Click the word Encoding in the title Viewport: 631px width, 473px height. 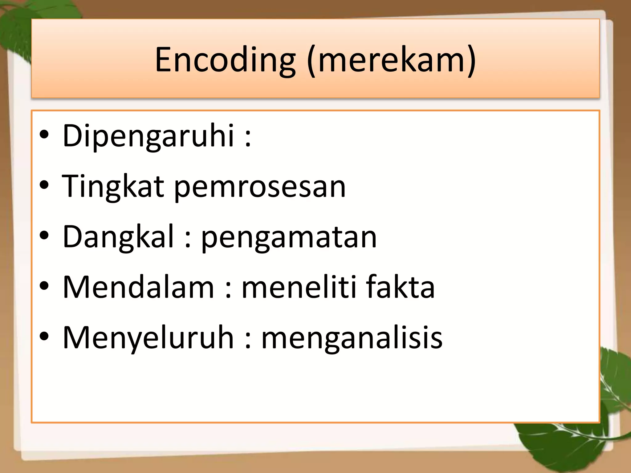(x=225, y=60)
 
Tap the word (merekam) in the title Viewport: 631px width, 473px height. (x=391, y=60)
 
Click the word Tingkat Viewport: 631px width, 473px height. (x=113, y=187)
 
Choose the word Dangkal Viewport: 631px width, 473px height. (x=118, y=237)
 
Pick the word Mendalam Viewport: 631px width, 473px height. (x=138, y=287)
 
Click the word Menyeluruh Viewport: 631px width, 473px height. (x=148, y=338)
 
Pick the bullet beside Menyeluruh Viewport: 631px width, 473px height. (x=44, y=336)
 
